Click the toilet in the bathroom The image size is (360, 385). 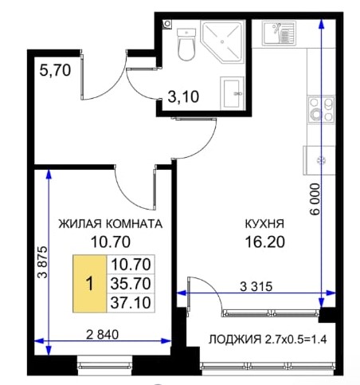186,45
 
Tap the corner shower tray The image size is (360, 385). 222,42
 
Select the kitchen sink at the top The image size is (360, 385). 279,33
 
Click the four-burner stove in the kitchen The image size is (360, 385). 322,109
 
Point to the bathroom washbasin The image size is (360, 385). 232,93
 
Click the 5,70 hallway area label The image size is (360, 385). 55,71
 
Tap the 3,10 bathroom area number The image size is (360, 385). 183,96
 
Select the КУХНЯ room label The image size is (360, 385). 264,224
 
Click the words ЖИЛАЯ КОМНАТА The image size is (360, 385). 111,224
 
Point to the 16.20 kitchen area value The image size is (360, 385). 264,242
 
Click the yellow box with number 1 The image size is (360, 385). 90,284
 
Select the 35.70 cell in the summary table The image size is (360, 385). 131,284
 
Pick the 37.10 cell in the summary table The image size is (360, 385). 131,303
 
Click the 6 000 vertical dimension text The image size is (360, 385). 315,199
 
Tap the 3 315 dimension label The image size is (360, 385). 256,287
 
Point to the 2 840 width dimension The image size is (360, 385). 103,335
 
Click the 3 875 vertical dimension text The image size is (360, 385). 43,262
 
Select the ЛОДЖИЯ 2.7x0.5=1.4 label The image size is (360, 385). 268,340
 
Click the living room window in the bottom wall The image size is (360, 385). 104,366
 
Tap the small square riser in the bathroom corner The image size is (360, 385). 167,24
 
